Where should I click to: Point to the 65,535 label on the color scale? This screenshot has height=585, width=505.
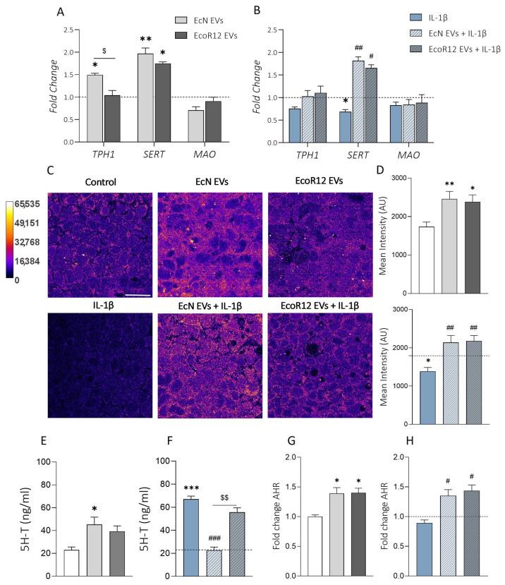pos(26,204)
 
